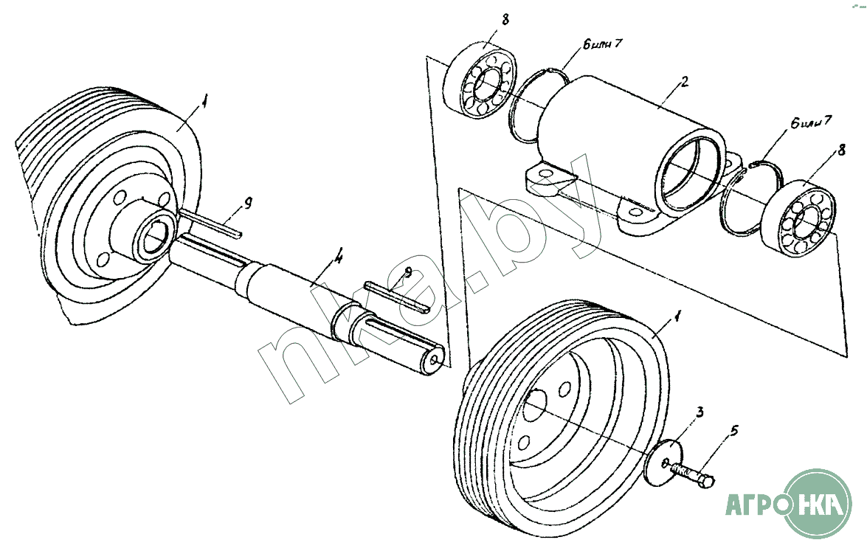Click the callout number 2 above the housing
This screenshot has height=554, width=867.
click(684, 81)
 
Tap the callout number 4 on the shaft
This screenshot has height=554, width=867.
click(338, 260)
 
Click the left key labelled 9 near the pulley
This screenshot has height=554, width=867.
click(210, 224)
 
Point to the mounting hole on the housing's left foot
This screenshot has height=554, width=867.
click(545, 175)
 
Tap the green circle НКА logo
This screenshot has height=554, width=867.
click(820, 506)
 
